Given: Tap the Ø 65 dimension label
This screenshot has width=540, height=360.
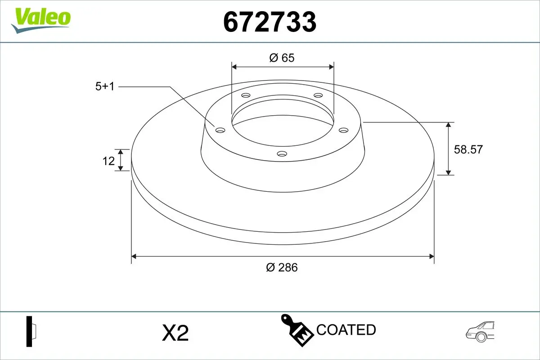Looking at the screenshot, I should (x=282, y=58).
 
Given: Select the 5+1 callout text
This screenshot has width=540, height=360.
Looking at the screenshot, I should (x=105, y=86).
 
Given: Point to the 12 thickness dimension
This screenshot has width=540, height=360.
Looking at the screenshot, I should (x=108, y=161).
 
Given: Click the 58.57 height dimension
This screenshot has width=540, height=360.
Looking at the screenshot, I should (x=468, y=149).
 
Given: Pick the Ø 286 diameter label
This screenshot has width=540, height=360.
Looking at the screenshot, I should (x=282, y=267).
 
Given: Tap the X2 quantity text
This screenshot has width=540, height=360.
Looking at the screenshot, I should (x=175, y=333).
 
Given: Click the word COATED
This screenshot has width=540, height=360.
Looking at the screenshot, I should (x=346, y=330).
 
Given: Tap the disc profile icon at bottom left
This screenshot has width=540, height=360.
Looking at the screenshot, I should (x=31, y=332).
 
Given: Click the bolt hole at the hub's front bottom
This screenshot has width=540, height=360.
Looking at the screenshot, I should (x=282, y=154).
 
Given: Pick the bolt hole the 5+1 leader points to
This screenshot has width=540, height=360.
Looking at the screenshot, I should (x=220, y=130).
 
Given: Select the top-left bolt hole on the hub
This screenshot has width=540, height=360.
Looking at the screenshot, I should (x=246, y=95).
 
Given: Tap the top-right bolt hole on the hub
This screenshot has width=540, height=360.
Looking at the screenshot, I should (x=318, y=95).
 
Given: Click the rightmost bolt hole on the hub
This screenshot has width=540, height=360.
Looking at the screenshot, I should (x=344, y=130).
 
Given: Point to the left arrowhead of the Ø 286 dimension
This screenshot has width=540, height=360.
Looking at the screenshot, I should (x=134, y=256).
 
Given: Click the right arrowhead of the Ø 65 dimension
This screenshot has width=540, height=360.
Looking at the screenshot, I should (x=332, y=67).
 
